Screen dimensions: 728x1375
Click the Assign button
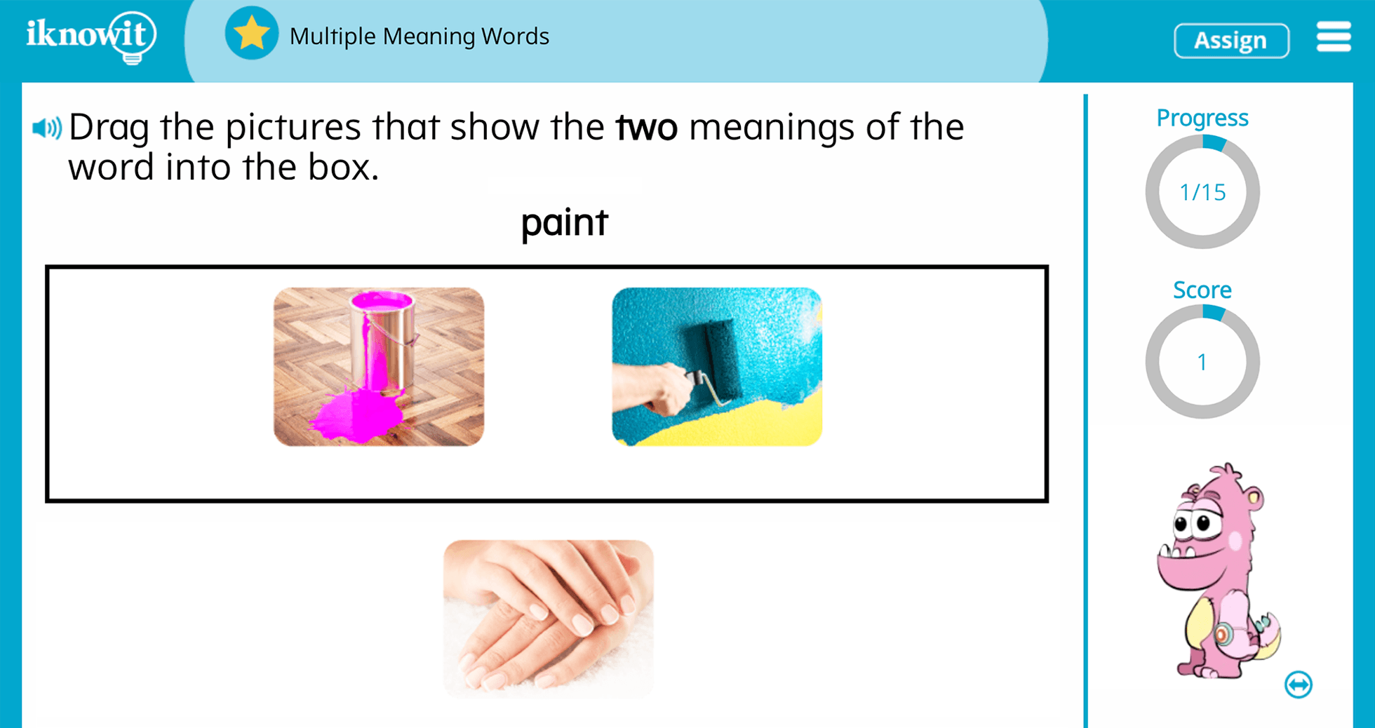[x=1230, y=41]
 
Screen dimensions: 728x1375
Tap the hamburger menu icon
[x=1333, y=36]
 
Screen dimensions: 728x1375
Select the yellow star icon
[x=251, y=34]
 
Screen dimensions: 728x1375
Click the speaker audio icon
[x=47, y=128]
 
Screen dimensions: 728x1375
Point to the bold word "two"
[x=646, y=128]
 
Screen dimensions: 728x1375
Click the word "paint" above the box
[x=564, y=223]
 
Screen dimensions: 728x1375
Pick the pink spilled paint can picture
[x=379, y=367]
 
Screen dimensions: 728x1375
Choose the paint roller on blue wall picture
[x=716, y=367]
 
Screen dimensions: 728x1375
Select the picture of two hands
[x=548, y=619]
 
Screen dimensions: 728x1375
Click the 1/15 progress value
[x=1202, y=192]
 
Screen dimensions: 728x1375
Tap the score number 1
[x=1202, y=362]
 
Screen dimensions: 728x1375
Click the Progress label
[x=1202, y=118]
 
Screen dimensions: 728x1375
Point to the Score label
[x=1202, y=290]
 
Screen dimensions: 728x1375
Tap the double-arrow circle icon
[x=1298, y=685]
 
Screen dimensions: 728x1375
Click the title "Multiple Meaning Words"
[x=419, y=36]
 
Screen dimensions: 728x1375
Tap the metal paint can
[x=383, y=337]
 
